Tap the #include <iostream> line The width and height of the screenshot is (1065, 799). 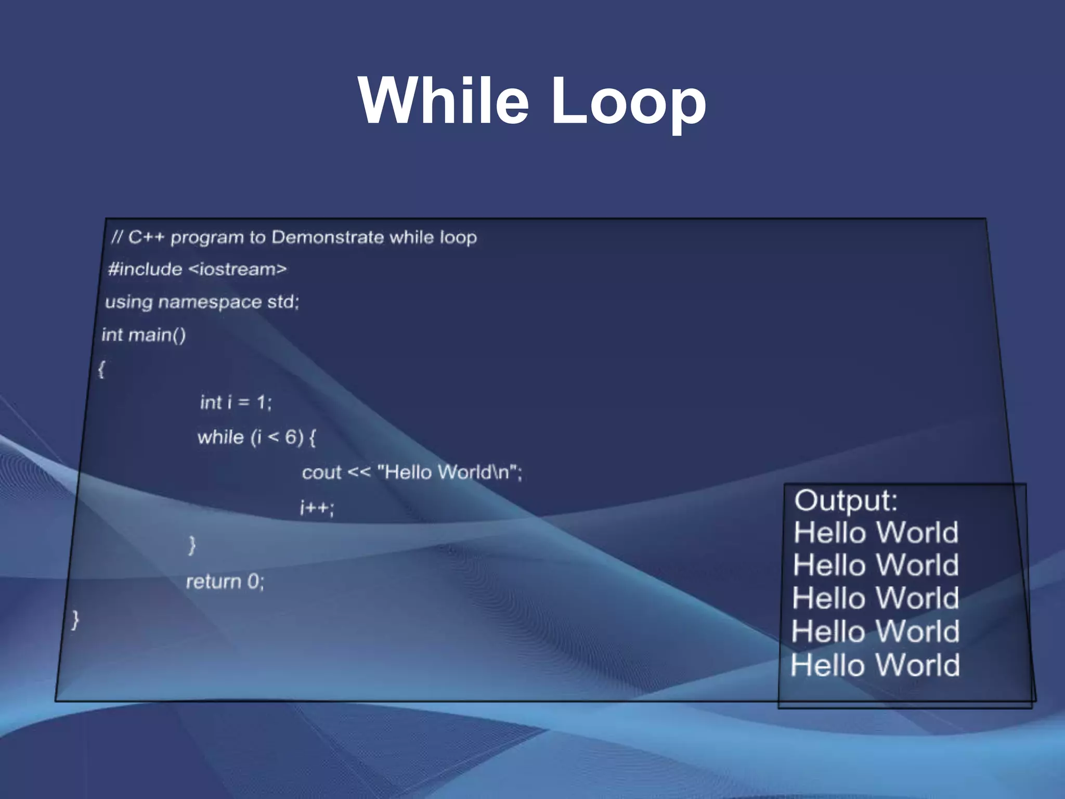(x=197, y=269)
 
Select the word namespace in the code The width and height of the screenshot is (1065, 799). (x=210, y=302)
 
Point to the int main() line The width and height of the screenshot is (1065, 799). (x=144, y=334)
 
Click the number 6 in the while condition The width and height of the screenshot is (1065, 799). (x=291, y=437)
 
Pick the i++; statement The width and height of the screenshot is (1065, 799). (x=317, y=507)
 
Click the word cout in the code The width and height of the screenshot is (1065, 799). (x=321, y=472)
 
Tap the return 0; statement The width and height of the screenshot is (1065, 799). (x=225, y=581)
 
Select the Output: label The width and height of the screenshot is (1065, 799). (x=846, y=500)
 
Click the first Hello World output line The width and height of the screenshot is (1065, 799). (x=876, y=533)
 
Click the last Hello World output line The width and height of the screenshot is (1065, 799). (x=875, y=665)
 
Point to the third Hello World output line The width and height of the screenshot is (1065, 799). (x=876, y=598)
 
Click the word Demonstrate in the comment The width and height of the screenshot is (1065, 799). (x=328, y=237)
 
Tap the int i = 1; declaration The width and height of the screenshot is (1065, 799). (x=236, y=402)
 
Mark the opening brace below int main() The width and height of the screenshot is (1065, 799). (x=101, y=369)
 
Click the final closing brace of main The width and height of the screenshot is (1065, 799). (x=75, y=619)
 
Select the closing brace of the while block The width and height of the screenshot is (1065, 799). (x=192, y=545)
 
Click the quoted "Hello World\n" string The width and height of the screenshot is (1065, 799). (x=448, y=472)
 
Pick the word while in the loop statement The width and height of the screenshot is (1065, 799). (x=220, y=437)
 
